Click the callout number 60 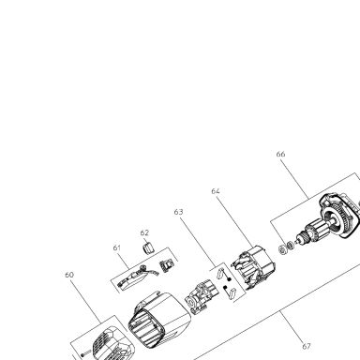click(69, 275)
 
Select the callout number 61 click(117, 247)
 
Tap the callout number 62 click(144, 232)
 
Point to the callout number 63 click(178, 212)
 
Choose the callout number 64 click(216, 191)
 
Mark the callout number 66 click(280, 154)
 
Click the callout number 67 click(307, 346)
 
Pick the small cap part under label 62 click(148, 248)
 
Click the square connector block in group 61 click(166, 265)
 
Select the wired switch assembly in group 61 click(134, 278)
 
